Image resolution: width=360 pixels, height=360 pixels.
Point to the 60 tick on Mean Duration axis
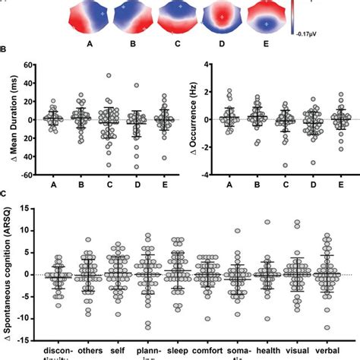pyautogui.click(x=34, y=65)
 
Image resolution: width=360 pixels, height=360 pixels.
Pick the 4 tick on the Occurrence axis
pyautogui.click(x=206, y=65)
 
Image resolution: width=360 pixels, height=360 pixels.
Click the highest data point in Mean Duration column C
pyautogui.click(x=109, y=76)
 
